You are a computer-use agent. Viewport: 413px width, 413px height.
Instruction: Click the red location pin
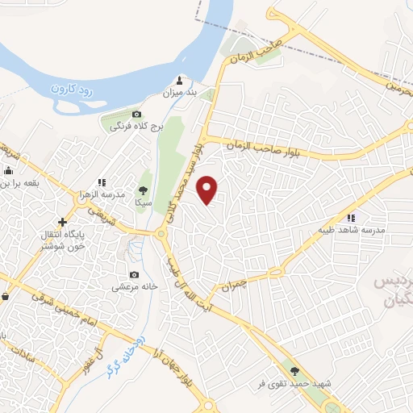(209, 189)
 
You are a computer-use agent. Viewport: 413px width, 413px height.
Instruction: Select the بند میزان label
(181, 94)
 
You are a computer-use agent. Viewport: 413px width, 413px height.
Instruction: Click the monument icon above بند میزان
(180, 81)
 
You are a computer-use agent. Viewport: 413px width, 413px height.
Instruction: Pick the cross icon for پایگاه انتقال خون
(61, 222)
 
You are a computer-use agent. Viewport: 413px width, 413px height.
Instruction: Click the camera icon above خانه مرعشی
(135, 275)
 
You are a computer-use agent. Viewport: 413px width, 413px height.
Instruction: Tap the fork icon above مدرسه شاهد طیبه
(351, 218)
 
